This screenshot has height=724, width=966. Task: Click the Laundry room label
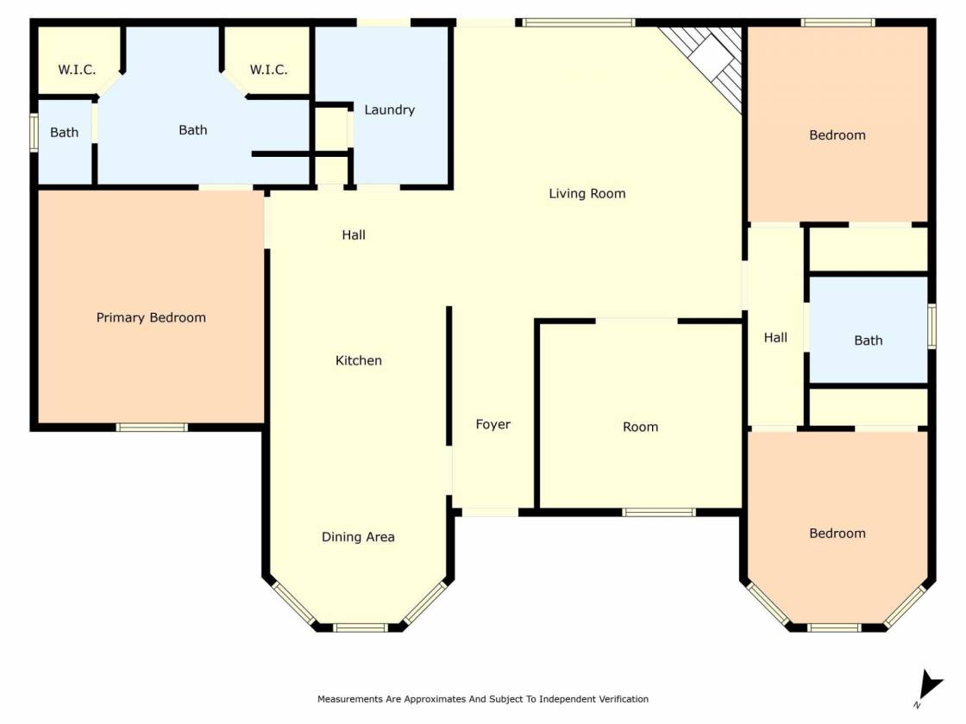(x=389, y=110)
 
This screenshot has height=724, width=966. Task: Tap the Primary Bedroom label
(x=151, y=318)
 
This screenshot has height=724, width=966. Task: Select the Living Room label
(x=587, y=194)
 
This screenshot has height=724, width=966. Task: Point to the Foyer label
(x=492, y=424)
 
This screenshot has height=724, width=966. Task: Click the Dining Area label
(x=358, y=537)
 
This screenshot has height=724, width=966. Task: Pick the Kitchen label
(x=359, y=360)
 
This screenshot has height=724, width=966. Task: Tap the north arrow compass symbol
(x=929, y=687)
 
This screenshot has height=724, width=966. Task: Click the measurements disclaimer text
(x=482, y=699)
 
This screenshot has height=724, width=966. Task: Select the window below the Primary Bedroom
(x=152, y=428)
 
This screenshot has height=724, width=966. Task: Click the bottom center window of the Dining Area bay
(x=361, y=628)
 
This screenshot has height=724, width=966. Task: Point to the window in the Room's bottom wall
(x=659, y=512)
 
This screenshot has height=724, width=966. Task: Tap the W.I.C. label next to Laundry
(x=268, y=70)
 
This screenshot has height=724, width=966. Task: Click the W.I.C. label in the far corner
(x=77, y=70)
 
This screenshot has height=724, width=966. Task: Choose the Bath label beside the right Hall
(x=868, y=340)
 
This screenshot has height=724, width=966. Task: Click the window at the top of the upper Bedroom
(x=837, y=22)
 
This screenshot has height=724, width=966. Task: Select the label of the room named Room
(x=640, y=427)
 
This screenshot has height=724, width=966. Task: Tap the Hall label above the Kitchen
(x=354, y=234)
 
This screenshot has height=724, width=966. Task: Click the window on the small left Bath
(x=34, y=132)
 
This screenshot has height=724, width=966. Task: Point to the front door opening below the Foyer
(x=491, y=512)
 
